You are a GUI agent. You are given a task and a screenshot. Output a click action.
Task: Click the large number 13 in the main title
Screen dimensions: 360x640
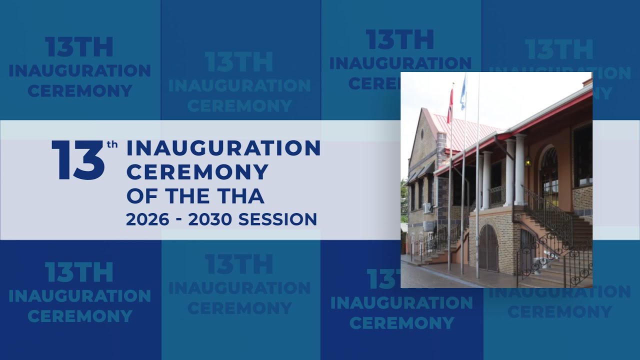[x=78, y=160]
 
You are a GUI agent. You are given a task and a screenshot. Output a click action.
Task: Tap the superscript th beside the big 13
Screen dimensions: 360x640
[x=112, y=145]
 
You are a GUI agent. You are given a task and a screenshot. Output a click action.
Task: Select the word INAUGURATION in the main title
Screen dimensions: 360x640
[x=223, y=148]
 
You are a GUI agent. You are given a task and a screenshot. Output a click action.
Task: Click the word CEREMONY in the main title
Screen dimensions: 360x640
[x=197, y=172]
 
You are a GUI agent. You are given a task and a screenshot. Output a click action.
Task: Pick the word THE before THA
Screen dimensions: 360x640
[x=187, y=196]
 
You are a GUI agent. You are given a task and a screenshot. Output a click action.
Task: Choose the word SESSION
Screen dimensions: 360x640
[x=277, y=219]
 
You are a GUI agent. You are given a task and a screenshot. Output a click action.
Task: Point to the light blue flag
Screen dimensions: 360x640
[x=463, y=93]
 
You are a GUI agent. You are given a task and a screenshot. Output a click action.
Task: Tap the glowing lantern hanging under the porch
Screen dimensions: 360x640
[x=528, y=161]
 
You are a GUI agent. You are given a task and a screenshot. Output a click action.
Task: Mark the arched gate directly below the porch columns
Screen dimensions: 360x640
[x=488, y=248]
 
